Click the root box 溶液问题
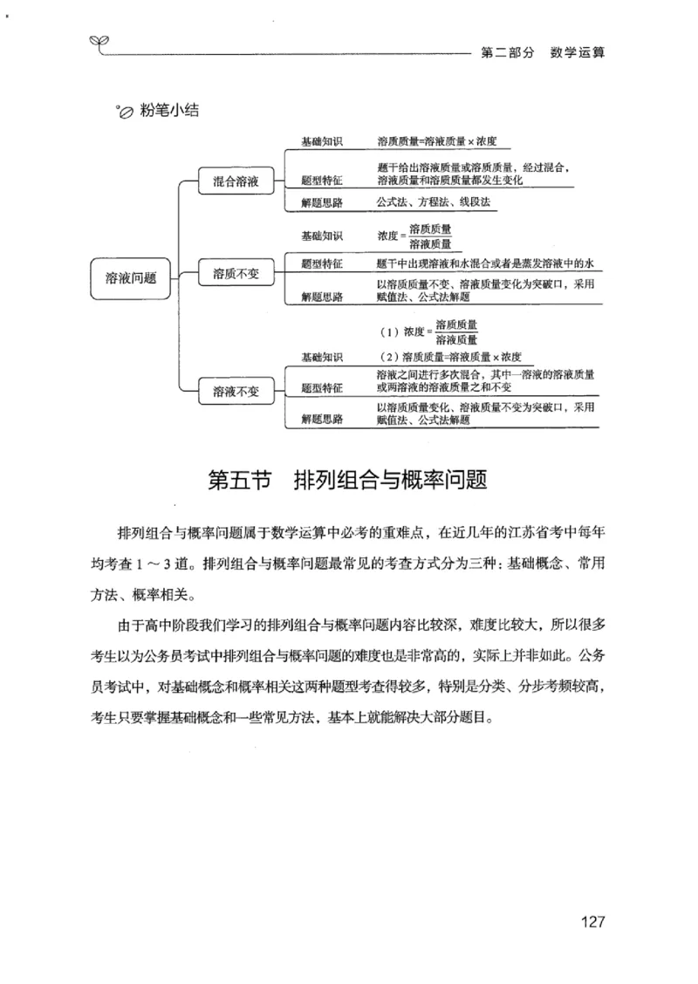pyautogui.click(x=131, y=277)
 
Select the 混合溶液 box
pyautogui.click(x=236, y=181)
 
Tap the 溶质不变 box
pyautogui.click(x=236, y=275)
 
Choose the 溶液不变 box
pyautogui.click(x=236, y=391)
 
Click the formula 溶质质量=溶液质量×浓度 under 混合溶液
pyautogui.click(x=437, y=141)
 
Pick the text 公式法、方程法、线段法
pyautogui.click(x=434, y=202)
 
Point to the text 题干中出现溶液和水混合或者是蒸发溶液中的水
pyautogui.click(x=485, y=263)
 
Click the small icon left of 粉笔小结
pyautogui.click(x=124, y=112)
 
